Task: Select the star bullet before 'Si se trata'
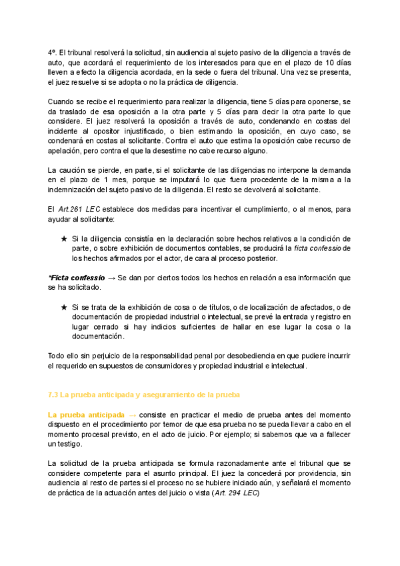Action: (x=63, y=308)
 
